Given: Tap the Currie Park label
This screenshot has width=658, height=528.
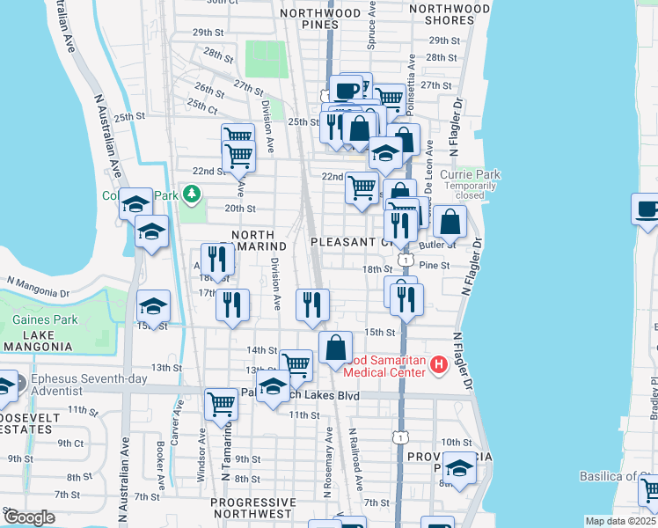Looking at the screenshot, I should (477, 174).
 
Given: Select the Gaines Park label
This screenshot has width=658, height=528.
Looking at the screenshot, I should (45, 320).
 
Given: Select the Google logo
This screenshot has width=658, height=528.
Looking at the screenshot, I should (28, 517).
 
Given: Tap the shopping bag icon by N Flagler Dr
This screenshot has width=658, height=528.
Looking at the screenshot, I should (450, 224).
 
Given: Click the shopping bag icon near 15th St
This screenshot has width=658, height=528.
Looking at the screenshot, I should (335, 348).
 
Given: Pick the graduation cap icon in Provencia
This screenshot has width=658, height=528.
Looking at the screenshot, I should (458, 468).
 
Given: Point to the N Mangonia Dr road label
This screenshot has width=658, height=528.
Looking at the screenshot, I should (37, 286).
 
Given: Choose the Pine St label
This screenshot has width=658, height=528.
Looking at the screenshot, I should (434, 265).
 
